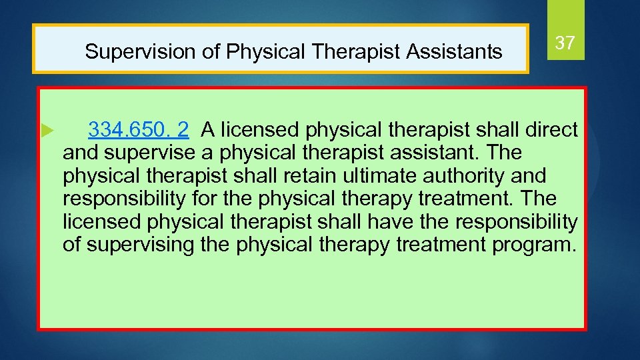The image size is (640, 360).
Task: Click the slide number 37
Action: point(565,43)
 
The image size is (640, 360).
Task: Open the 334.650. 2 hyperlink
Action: point(138,129)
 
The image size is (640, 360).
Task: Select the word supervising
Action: point(141,245)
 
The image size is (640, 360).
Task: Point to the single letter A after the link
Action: point(207,129)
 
